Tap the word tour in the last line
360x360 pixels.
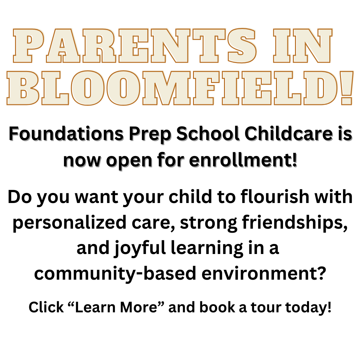coord(270,307)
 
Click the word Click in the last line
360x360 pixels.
coord(46,307)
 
